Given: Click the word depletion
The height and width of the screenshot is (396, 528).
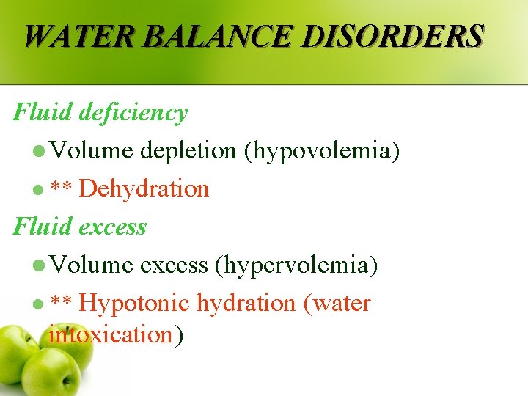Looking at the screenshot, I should (x=188, y=150).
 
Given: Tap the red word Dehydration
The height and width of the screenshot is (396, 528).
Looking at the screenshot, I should (x=144, y=188).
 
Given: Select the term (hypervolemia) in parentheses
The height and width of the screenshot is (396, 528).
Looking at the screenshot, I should (x=296, y=265).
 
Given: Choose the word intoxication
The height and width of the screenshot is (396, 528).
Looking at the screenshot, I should (x=110, y=335).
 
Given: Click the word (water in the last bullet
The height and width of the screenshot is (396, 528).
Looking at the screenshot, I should (x=337, y=303).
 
